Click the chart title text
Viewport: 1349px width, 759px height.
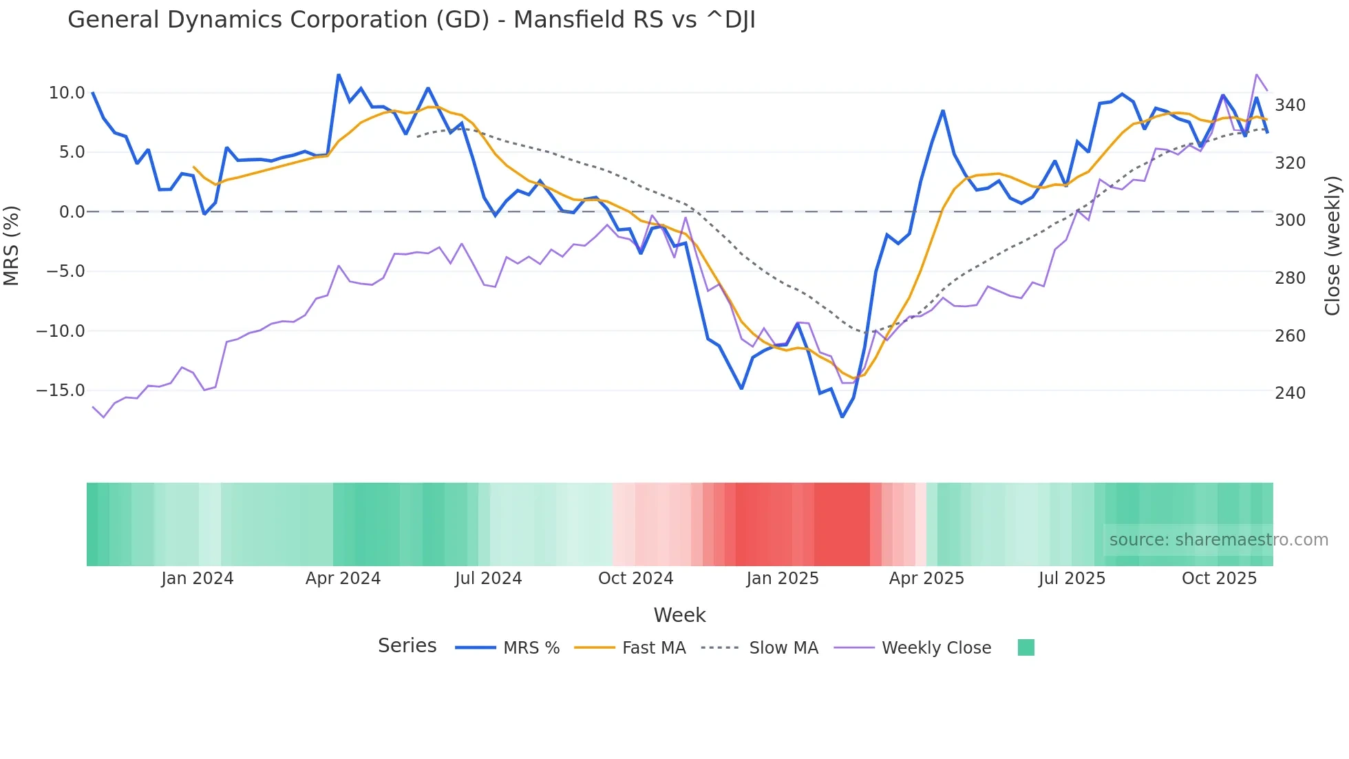(x=411, y=20)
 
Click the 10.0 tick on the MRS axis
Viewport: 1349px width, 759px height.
(x=66, y=93)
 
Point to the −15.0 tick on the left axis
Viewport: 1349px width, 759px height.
(x=61, y=391)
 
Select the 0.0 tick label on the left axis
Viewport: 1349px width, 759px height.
(x=72, y=212)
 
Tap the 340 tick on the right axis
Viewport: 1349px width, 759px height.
(x=1290, y=105)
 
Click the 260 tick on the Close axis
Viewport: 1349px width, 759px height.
(x=1290, y=336)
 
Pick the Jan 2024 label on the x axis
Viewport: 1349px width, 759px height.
(x=198, y=579)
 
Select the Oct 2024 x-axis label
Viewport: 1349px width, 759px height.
(x=635, y=579)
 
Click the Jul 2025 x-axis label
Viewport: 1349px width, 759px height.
(x=1072, y=579)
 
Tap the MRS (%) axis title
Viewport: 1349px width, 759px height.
(x=12, y=246)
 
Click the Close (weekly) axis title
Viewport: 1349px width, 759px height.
(x=1332, y=246)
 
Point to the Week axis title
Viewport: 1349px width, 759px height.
(x=679, y=615)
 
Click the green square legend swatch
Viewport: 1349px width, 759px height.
(x=1026, y=647)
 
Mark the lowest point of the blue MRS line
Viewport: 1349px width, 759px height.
(x=842, y=417)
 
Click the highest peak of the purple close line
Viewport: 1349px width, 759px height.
(x=1256, y=74)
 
